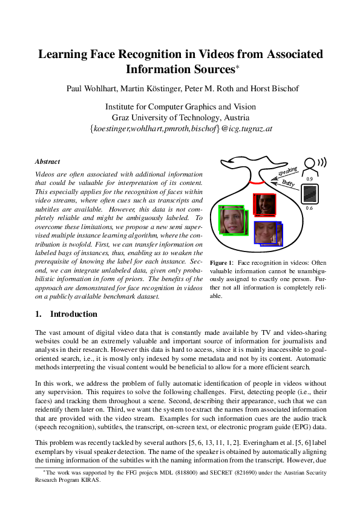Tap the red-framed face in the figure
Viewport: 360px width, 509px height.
264,204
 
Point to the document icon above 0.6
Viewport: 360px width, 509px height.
310,194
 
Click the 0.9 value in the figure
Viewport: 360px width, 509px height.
310,180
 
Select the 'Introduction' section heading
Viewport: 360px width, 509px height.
73,314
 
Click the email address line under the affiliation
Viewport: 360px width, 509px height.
180,129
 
